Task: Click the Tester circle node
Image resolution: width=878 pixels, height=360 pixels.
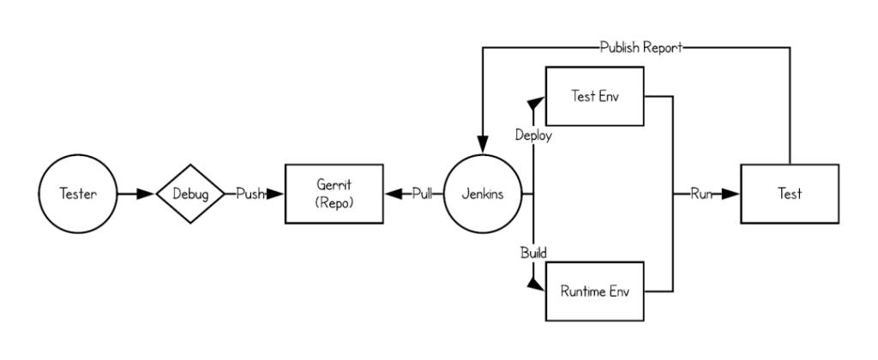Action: click(78, 194)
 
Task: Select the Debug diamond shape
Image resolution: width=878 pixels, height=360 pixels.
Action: click(189, 194)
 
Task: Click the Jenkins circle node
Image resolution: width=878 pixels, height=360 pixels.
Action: click(483, 194)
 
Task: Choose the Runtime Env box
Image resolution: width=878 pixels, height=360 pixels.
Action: click(594, 291)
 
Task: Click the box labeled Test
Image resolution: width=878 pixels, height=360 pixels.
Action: click(789, 194)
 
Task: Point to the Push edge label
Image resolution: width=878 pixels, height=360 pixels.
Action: click(250, 194)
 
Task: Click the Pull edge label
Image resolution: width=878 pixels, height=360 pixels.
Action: click(422, 194)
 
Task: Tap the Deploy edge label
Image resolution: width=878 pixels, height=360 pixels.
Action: click(533, 135)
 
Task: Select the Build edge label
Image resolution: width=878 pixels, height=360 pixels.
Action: click(533, 253)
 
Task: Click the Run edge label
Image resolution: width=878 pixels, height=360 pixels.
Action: click(701, 194)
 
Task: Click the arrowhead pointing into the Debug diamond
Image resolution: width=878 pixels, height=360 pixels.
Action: click(147, 194)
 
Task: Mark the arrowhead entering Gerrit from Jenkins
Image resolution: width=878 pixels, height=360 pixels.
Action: click(394, 194)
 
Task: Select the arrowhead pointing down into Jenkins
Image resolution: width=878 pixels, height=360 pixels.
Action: click(483, 149)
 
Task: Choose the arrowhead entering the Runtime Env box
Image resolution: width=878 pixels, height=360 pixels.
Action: click(538, 285)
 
